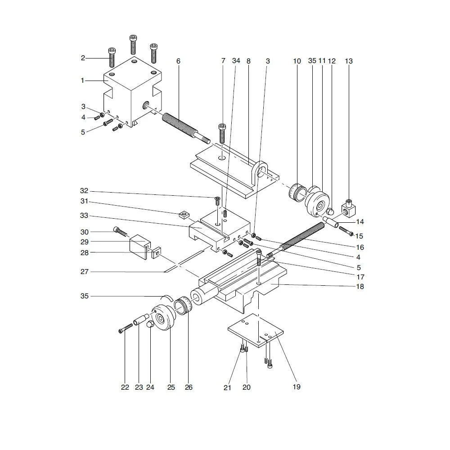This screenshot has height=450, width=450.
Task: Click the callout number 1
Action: pos(83,81)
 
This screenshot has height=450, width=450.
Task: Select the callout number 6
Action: pos(178,61)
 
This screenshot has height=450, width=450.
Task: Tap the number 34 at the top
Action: pos(236,61)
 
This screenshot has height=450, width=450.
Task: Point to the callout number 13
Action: pos(349,61)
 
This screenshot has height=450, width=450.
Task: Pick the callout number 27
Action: pos(85,272)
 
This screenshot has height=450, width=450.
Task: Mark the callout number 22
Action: pos(125,387)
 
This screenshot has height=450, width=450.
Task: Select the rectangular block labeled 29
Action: pos(138,245)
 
